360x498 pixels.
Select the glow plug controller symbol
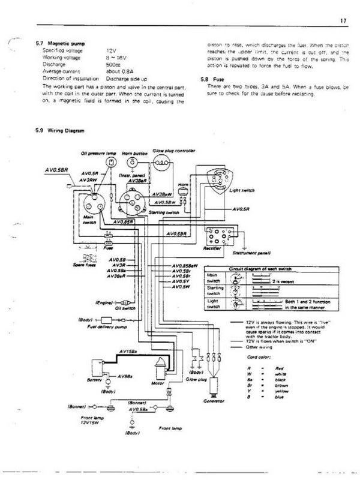(x=161, y=161)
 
